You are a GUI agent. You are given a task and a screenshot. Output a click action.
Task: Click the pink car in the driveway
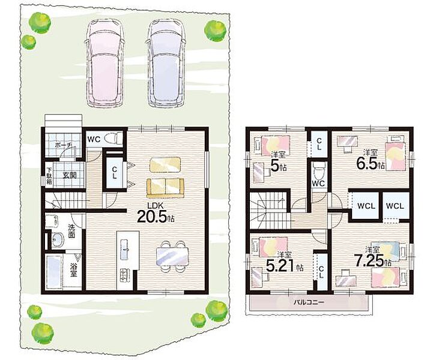pyautogui.click(x=104, y=64)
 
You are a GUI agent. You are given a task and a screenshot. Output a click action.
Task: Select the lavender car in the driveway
pyautogui.click(x=166, y=64)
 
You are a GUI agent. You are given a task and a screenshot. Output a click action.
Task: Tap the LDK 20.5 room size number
pyautogui.click(x=152, y=217)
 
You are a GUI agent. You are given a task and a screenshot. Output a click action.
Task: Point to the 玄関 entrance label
pyautogui.click(x=69, y=175)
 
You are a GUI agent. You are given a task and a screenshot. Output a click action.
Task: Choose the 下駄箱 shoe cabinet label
pyautogui.click(x=49, y=176)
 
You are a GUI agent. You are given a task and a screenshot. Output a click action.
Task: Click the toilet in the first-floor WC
pyautogui.click(x=114, y=138)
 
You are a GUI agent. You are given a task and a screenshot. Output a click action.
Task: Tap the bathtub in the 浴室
pyautogui.click(x=54, y=272)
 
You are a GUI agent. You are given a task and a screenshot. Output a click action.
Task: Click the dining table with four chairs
pyautogui.click(x=172, y=256)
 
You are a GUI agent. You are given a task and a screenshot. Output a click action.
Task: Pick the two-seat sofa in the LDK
pyautogui.click(x=165, y=188)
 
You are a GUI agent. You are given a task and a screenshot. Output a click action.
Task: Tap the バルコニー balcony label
pyautogui.click(x=309, y=302)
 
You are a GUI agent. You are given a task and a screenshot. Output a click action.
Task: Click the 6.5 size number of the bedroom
pyautogui.click(x=367, y=164)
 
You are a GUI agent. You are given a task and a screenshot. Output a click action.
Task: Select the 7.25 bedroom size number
pyautogui.click(x=369, y=260)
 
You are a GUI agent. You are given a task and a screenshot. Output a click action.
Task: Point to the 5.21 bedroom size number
pyautogui.click(x=280, y=266)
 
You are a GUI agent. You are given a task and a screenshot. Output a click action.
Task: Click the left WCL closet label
pyautogui.click(x=366, y=206)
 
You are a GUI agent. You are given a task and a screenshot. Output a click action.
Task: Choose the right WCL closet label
pyautogui.click(x=395, y=206)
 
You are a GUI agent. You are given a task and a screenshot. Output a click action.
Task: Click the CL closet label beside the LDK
pyautogui.click(x=114, y=173)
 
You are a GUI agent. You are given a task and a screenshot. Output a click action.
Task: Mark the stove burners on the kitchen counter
pyautogui.click(x=124, y=274)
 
